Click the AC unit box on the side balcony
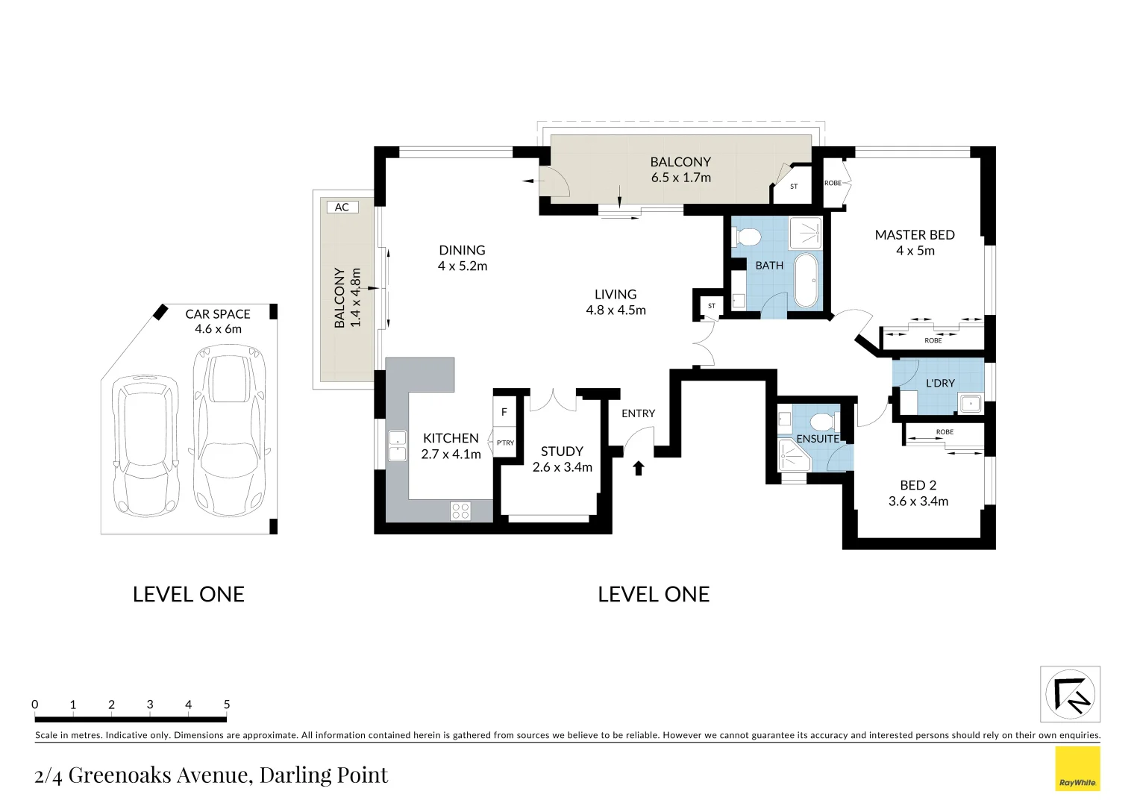tap(342, 207)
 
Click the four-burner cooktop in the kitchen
tap(460, 510)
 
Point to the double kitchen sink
tap(398, 446)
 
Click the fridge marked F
tap(504, 412)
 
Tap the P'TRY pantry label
tap(505, 443)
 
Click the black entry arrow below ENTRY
tap(638, 468)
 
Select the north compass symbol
tap(1070, 694)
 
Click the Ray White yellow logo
tap(1077, 769)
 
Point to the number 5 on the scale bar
tap(227, 705)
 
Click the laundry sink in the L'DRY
tap(971, 403)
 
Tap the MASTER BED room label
tap(915, 235)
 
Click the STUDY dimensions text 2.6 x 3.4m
tap(563, 467)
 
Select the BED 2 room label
tap(918, 485)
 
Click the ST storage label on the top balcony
tap(794, 187)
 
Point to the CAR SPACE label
tap(218, 314)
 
